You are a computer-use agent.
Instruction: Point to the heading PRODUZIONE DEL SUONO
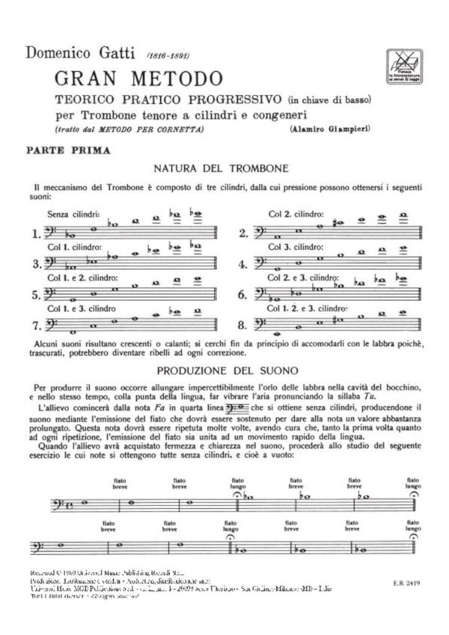(x=225, y=370)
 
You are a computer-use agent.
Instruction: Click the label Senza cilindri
(x=73, y=214)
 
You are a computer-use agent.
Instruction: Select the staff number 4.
(x=242, y=264)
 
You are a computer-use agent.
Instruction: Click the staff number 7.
(x=37, y=325)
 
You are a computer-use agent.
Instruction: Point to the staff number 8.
(x=242, y=325)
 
